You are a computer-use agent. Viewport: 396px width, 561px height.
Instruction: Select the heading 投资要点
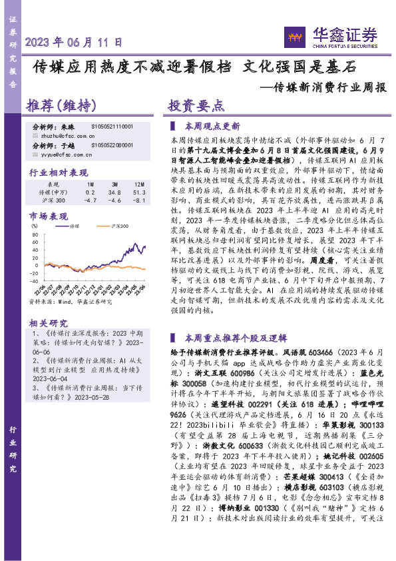[196, 106]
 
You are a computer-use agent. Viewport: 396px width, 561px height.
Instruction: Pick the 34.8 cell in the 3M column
[115, 192]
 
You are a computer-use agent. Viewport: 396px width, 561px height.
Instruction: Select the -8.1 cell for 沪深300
[139, 200]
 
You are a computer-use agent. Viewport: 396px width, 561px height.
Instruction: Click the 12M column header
[139, 183]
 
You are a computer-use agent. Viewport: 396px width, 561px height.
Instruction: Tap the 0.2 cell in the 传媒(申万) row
[91, 192]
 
